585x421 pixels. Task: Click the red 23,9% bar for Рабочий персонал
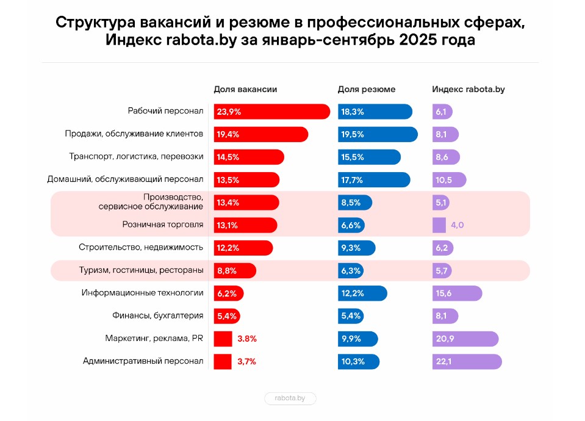click(271, 112)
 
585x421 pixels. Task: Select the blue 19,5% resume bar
click(377, 134)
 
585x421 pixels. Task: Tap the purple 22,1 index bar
click(467, 361)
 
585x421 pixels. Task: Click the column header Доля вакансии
click(245, 89)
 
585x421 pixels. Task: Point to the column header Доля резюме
click(366, 89)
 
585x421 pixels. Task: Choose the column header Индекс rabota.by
click(468, 89)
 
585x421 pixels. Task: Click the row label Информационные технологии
click(142, 293)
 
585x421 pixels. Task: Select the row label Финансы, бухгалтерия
click(157, 316)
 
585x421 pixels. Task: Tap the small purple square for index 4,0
click(439, 225)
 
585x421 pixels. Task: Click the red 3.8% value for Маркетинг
click(246, 339)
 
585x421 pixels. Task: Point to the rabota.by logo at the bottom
click(290, 398)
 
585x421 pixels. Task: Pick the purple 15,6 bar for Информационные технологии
click(457, 293)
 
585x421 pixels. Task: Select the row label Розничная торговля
click(163, 225)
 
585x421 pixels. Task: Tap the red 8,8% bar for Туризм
click(235, 270)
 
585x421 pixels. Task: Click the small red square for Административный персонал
click(223, 361)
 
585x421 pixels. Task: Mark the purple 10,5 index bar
click(449, 180)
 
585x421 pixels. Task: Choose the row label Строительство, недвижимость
click(141, 248)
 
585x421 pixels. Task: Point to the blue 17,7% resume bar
click(373, 180)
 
